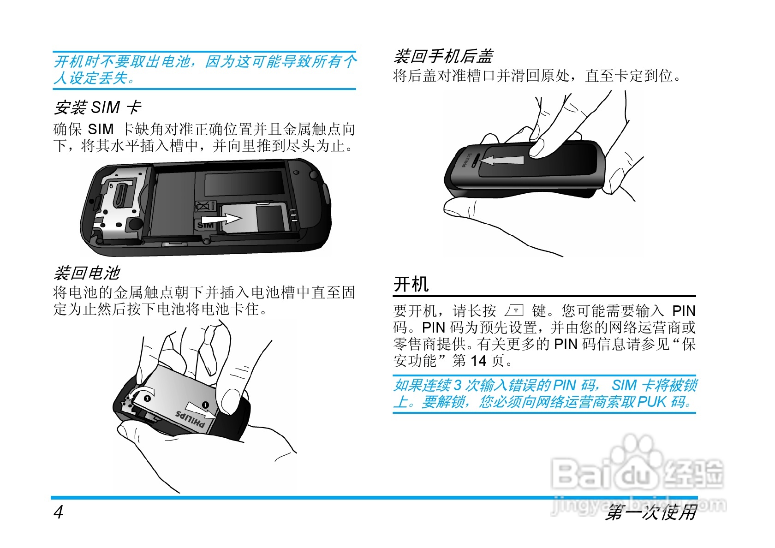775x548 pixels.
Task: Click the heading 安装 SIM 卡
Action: click(97, 107)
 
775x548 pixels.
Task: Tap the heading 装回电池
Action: click(87, 273)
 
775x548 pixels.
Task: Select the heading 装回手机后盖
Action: click(443, 56)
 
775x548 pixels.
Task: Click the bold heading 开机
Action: click(411, 284)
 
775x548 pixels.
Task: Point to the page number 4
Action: click(59, 512)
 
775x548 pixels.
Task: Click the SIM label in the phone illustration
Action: click(205, 225)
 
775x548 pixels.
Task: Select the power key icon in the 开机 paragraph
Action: click(514, 310)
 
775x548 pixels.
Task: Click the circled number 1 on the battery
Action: click(205, 405)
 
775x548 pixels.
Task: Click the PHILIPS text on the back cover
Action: click(467, 161)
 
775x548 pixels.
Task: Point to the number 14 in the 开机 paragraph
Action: click(478, 361)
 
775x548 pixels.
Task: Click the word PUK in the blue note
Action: click(651, 402)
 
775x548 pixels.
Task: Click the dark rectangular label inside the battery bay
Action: click(244, 184)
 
